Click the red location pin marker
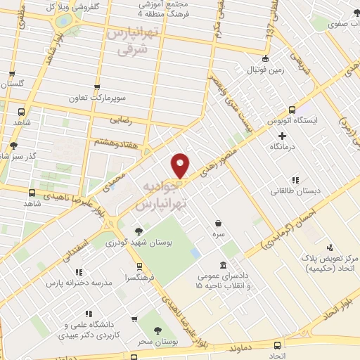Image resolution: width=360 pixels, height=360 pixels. [180, 165]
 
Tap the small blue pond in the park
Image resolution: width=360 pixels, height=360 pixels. [195, 252]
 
